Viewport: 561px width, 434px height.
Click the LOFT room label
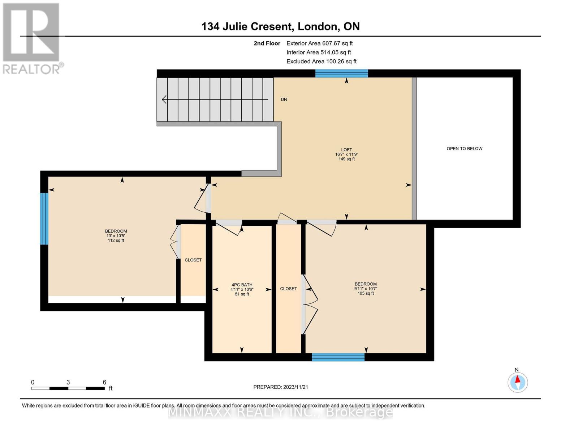(346, 150)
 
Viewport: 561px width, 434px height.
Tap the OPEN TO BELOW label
(465, 149)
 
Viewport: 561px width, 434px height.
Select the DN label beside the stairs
(284, 99)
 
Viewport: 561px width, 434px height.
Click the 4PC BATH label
(242, 285)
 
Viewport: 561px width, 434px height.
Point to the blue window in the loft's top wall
(342, 73)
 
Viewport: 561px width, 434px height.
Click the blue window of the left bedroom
(44, 219)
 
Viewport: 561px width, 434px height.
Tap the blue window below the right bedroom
(338, 357)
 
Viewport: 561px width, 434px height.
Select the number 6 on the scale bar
(104, 382)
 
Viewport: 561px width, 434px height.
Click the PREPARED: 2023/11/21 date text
(281, 387)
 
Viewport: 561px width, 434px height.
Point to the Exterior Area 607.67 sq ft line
(320, 43)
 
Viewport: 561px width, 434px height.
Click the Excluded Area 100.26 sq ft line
(322, 61)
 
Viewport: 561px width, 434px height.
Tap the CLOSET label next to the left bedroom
(193, 260)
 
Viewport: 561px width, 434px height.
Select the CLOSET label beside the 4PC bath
(289, 289)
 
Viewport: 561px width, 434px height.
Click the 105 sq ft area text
(366, 293)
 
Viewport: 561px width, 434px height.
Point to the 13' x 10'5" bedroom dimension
(116, 236)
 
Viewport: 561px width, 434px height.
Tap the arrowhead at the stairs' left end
(164, 99)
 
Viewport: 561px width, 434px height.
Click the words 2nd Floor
(267, 43)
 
